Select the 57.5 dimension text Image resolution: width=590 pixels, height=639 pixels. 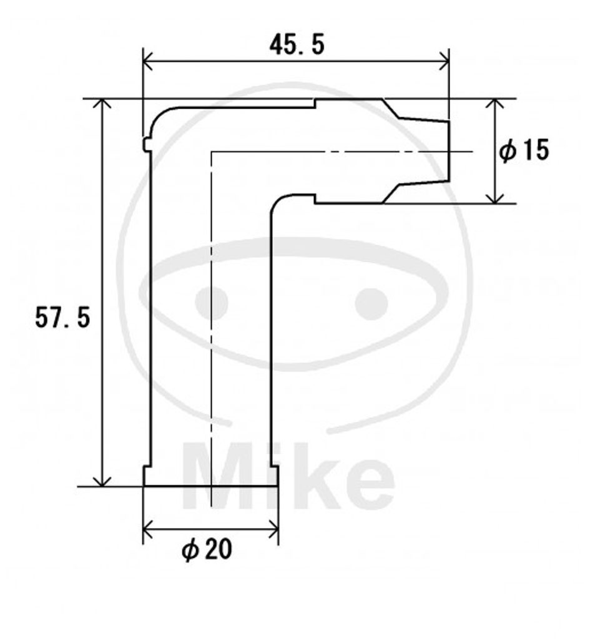click(62, 318)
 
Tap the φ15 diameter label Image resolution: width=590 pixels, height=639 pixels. click(524, 150)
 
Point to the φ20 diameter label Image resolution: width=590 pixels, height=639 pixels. click(207, 550)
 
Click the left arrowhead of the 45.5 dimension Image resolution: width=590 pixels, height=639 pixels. click(147, 62)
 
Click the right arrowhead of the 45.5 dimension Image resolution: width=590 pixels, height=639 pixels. click(444, 62)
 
